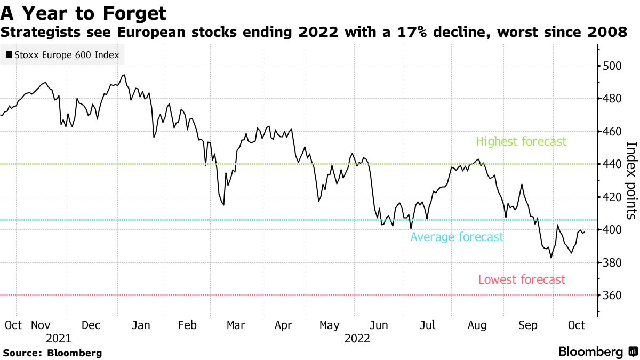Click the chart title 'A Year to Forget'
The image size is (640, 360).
click(83, 13)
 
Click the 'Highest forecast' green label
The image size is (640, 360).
click(521, 142)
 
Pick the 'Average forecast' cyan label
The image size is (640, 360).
click(457, 237)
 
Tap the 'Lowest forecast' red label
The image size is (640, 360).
click(522, 279)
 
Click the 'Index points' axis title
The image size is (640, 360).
click(631, 180)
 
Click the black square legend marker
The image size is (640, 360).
click(9, 55)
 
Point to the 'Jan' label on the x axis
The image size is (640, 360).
click(140, 325)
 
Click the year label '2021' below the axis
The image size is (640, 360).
click(59, 338)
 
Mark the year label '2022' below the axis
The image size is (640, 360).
click(357, 338)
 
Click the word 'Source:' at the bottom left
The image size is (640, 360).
click(23, 353)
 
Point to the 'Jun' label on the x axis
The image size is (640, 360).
click(379, 325)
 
